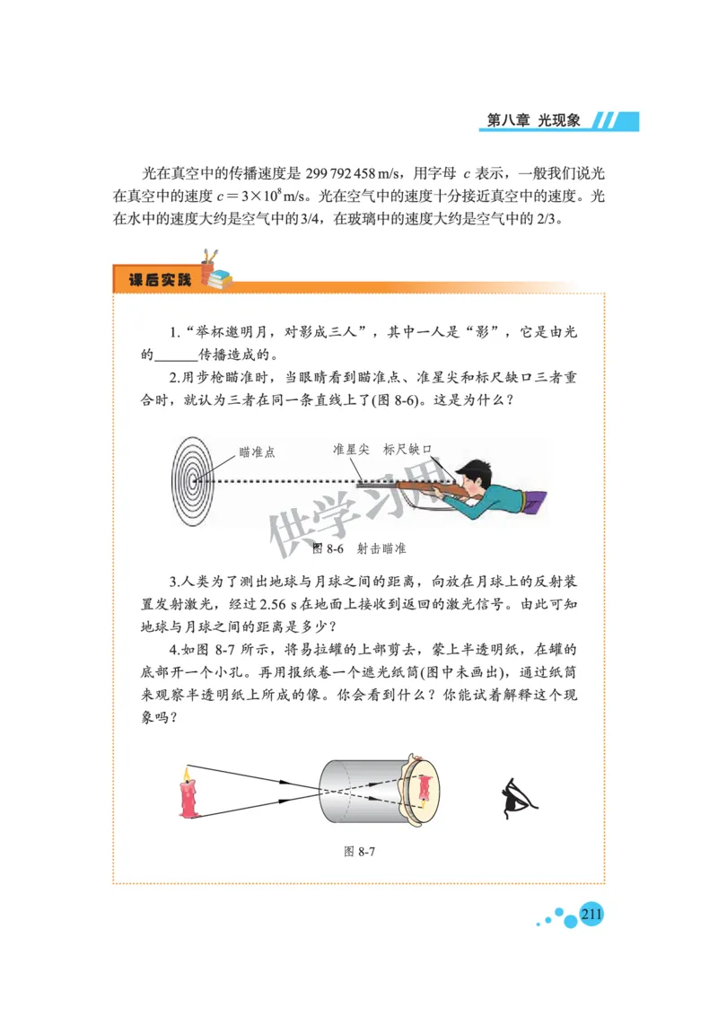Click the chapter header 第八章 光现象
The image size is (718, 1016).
pos(535,121)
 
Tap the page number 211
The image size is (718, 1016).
pos(591,915)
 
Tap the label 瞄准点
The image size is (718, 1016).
pos(257,452)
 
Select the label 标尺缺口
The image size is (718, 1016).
pos(408,450)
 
